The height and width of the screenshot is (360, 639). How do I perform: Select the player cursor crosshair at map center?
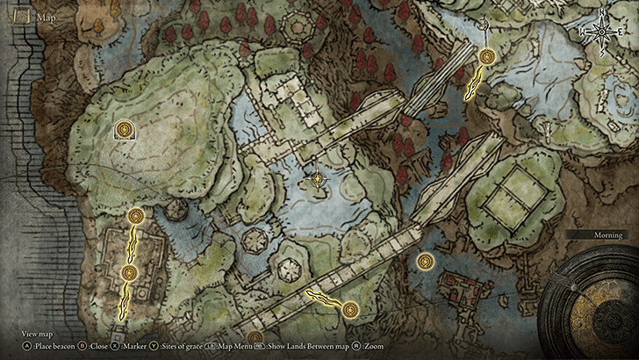(318, 179)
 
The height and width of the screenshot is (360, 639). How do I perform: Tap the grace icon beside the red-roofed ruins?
(426, 261)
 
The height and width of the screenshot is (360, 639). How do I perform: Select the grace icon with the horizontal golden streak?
(350, 309)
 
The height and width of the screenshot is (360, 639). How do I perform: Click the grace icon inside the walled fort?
(129, 274)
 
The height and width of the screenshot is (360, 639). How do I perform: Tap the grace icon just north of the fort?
(135, 216)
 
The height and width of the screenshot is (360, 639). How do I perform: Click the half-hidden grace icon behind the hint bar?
(255, 338)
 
